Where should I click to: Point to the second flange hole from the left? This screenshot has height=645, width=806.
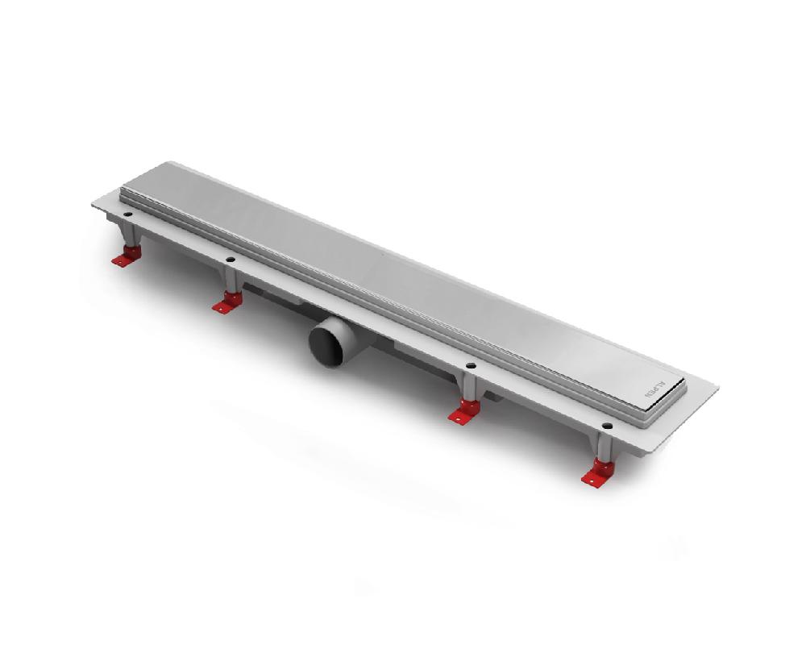[231, 260]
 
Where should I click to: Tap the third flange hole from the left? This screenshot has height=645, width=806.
[471, 366]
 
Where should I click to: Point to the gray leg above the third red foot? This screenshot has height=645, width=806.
[468, 390]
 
